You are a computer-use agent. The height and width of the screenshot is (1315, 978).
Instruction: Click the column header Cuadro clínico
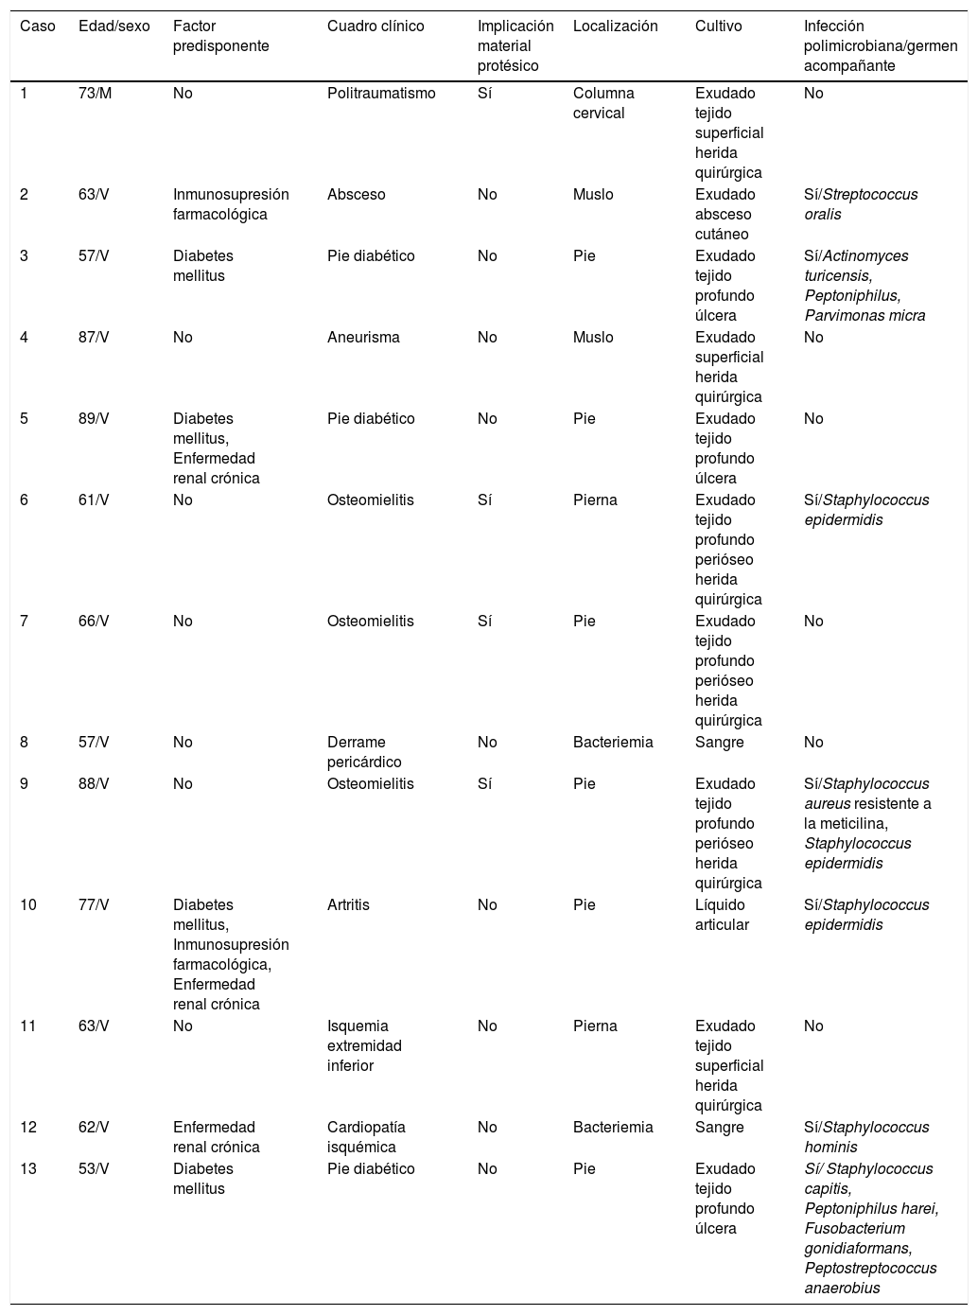[x=375, y=26]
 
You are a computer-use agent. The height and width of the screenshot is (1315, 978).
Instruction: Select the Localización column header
[x=615, y=26]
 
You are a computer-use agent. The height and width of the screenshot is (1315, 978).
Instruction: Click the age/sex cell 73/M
[x=95, y=94]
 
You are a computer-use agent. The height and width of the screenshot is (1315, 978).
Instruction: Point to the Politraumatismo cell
[x=381, y=94]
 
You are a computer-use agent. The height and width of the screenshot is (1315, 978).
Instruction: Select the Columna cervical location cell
[x=603, y=103]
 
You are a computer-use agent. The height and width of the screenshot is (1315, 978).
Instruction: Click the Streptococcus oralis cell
[x=861, y=204]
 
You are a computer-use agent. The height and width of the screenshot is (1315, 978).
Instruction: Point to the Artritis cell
[x=348, y=905]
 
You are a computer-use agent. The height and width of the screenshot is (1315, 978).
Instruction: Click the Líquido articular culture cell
[x=722, y=915]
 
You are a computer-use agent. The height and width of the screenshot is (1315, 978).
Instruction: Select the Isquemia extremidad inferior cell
[x=364, y=1045]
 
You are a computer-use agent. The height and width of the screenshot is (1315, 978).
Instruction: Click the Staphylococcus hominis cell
[x=866, y=1137]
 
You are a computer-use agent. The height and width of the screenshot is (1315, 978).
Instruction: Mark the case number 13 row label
[x=28, y=1169]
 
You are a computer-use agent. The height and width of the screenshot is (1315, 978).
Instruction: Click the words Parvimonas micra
[x=864, y=316]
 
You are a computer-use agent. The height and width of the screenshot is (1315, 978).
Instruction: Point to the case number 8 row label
[x=25, y=743]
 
